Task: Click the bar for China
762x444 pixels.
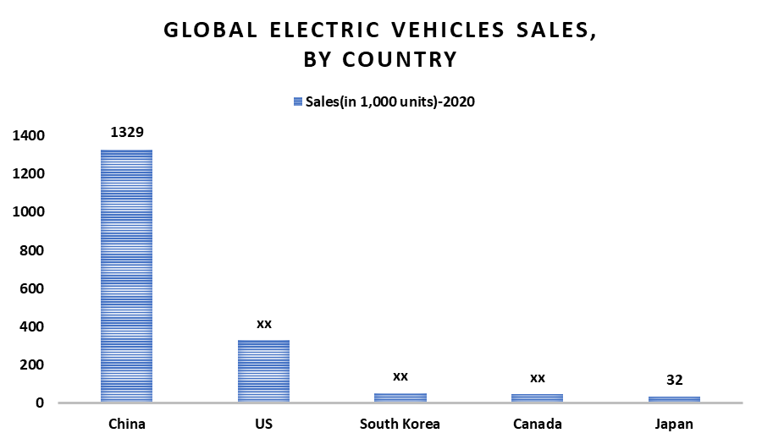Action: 127,276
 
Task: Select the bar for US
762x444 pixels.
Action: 263,371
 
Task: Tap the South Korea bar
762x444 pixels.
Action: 400,397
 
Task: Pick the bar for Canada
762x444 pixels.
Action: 538,397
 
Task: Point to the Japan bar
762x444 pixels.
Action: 674,399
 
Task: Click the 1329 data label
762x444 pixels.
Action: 127,133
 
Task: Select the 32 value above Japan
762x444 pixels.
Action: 674,380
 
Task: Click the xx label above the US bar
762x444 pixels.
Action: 263,323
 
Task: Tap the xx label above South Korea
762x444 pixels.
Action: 400,375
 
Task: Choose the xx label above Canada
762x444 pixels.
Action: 538,377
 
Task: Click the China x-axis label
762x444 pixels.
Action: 127,424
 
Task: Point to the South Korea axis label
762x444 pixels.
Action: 400,424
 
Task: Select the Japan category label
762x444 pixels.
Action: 674,424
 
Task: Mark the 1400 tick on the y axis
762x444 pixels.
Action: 29,136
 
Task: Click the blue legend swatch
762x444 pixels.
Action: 297,101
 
